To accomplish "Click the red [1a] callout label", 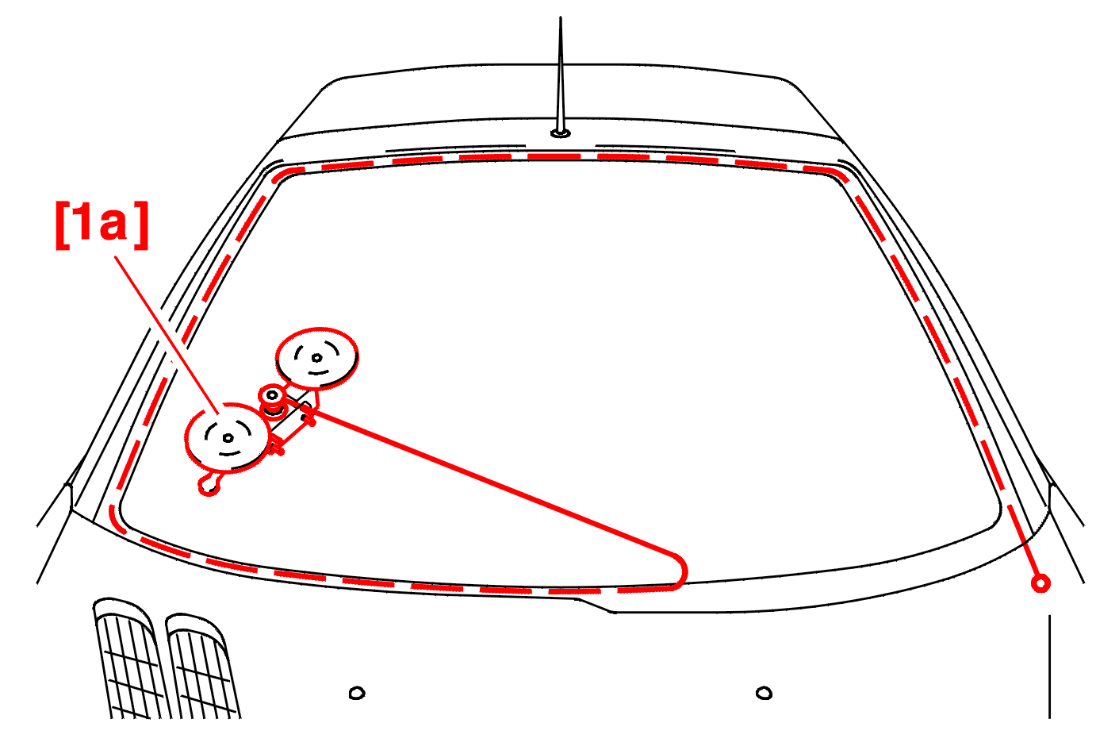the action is [x=102, y=225].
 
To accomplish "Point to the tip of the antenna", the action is [x=560, y=17].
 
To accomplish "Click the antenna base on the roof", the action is [x=561, y=133].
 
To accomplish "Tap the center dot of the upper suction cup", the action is [x=316, y=357].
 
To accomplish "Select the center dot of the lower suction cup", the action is [x=228, y=439].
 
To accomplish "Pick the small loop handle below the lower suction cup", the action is [x=209, y=484].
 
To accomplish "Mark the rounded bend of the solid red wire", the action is [x=681, y=571].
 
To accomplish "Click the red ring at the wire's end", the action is [x=1041, y=583].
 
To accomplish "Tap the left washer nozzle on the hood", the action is [x=357, y=693].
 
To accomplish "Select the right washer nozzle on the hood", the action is [x=764, y=693].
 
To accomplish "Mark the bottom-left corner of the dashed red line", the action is [x=115, y=520].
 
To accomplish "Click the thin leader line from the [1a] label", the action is [x=167, y=336].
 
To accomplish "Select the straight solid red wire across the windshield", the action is [x=492, y=483].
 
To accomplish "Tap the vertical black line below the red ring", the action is [x=1049, y=667].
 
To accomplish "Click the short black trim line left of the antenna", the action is [x=455, y=148].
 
